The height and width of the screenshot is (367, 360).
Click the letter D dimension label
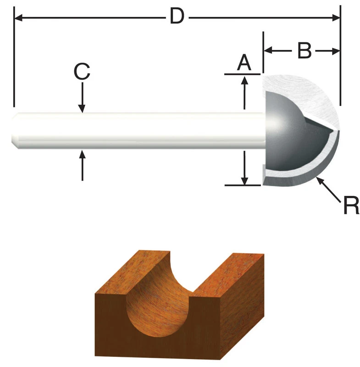point(177,17)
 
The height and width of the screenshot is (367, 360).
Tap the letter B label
point(304,51)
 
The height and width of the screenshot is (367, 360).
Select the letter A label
point(244,62)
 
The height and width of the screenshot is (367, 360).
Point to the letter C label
point(82,72)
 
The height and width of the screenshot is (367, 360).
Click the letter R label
point(351,206)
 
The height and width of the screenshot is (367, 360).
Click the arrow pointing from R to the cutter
point(328,188)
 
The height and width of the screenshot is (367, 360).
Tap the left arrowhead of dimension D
point(18,18)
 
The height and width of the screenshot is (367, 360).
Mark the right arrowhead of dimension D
point(336,18)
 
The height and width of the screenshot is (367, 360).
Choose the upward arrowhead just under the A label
point(245,80)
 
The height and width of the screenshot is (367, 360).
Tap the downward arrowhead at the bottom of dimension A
point(245,180)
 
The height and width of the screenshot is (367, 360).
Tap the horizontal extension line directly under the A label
point(243,73)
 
